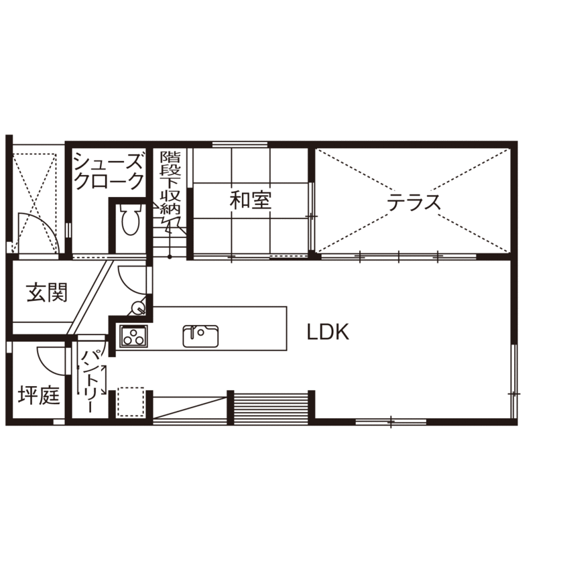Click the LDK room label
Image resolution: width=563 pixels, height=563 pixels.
(328, 332)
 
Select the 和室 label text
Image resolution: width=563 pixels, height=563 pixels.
(251, 200)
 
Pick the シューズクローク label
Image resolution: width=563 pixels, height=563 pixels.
(109, 172)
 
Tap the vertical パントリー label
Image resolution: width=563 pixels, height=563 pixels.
(90, 379)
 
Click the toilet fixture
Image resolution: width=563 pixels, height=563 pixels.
(129, 218)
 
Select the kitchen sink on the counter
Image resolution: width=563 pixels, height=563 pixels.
(200, 336)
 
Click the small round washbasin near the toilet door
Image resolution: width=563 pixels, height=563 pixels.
(138, 308)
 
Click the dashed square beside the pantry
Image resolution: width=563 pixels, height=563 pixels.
(131, 402)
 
